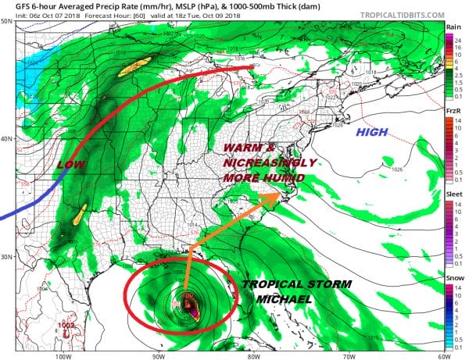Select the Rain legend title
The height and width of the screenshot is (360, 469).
pos(453,27)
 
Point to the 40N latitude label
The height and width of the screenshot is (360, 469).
pos(6,139)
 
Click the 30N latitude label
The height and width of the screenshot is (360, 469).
pos(6,257)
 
